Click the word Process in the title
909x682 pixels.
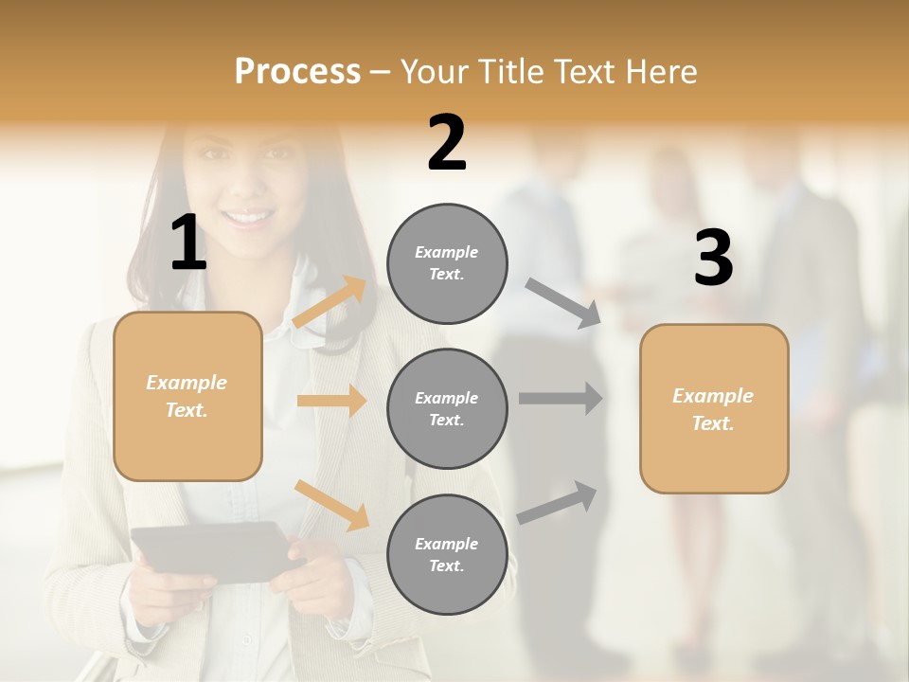click(x=297, y=71)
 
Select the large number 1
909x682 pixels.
click(x=188, y=242)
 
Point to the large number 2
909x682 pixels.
click(x=447, y=143)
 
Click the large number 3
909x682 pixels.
click(x=713, y=259)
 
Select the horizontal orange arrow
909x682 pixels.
click(x=331, y=401)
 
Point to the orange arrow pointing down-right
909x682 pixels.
click(x=331, y=504)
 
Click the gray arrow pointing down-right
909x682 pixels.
click(x=563, y=303)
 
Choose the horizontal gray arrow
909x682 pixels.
click(x=561, y=399)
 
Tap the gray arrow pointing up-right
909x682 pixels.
click(x=557, y=502)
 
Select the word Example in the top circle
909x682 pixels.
click(x=446, y=252)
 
